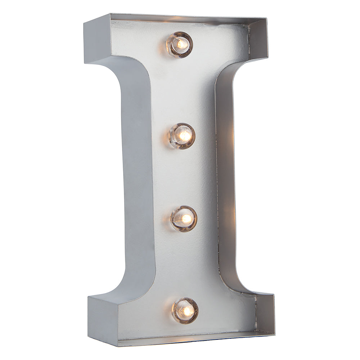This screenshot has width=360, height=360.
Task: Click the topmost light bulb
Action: (x=179, y=45)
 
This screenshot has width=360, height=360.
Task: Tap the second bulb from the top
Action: (x=182, y=136)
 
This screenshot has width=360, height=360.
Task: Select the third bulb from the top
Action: (x=184, y=219)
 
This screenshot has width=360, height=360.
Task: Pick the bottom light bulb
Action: (x=185, y=310)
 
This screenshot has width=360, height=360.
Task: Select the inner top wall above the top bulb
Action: (x=180, y=19)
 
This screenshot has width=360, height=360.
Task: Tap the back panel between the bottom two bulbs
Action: (x=184, y=265)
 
